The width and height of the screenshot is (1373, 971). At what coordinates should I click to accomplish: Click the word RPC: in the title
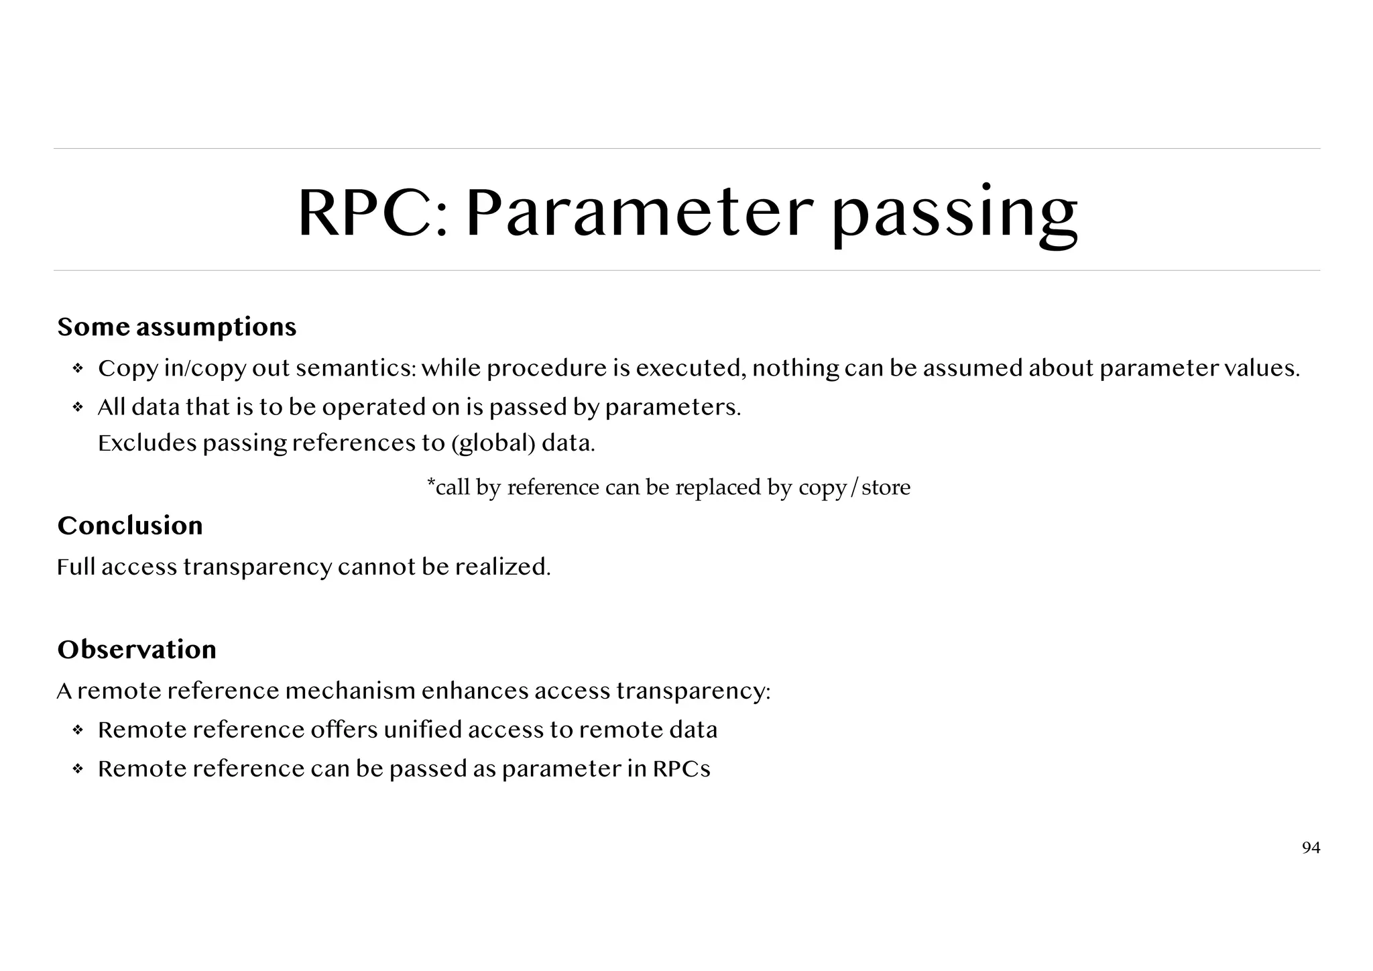[x=372, y=213]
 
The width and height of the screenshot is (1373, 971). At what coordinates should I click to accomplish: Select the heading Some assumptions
[x=177, y=327]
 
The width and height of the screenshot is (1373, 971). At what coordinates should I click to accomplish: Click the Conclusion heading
[x=130, y=526]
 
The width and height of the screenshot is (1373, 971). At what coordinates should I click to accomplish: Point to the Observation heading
[x=137, y=650]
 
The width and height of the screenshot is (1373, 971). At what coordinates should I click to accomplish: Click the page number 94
[x=1311, y=848]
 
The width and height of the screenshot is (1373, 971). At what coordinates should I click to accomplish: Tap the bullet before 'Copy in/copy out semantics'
[x=78, y=369]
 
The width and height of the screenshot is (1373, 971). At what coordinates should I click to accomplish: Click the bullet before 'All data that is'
[x=78, y=408]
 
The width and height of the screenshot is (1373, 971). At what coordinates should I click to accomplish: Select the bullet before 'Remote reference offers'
[x=78, y=730]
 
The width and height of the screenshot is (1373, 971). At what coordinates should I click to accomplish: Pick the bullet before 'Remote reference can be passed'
[x=78, y=769]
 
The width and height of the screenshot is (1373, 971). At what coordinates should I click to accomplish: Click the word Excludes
[x=147, y=443]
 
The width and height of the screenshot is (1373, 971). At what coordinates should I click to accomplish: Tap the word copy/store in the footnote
[x=854, y=488]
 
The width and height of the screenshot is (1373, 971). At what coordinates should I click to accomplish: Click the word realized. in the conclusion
[x=503, y=567]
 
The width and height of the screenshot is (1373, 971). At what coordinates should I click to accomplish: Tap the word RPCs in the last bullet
[x=681, y=769]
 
